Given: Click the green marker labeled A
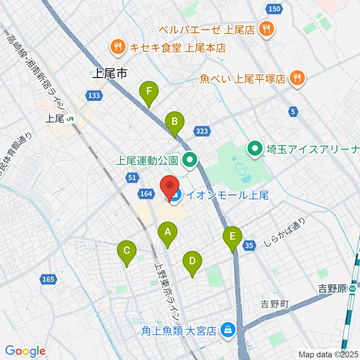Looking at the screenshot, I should pos(167,235).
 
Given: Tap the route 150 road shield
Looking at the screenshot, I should pos(274,9).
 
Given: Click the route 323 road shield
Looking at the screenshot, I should pos(202,131).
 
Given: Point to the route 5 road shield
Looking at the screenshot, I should pos(293,111).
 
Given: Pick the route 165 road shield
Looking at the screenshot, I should pos(48,279).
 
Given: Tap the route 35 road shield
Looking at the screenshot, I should pos(250,246).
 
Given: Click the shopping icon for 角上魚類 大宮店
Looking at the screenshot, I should pos(227,330).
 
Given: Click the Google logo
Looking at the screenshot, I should pos(25,351).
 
